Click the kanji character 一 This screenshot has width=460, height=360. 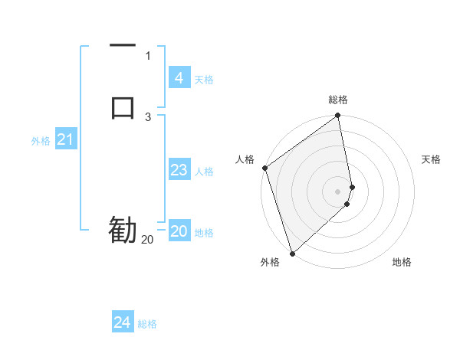[123, 47]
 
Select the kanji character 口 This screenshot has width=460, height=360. [123, 106]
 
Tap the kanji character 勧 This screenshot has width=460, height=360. [123, 230]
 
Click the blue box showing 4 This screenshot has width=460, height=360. [179, 78]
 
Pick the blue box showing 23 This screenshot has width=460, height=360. [179, 170]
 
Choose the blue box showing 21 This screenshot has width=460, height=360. [66, 139]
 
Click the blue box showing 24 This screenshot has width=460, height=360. [122, 322]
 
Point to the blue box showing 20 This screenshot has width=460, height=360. [179, 231]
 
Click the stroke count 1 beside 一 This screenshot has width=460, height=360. [148, 56]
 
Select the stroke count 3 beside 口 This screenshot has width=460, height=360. [148, 117]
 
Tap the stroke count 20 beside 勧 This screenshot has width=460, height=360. [147, 240]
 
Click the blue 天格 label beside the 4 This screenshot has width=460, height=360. [204, 80]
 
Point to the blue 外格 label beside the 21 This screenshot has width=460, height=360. [41, 141]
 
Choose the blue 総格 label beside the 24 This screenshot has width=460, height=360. [147, 324]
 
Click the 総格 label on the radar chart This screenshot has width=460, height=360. [338, 100]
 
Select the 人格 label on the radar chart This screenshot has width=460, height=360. [245, 159]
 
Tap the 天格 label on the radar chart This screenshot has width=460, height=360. [432, 159]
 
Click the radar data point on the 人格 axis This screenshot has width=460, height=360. [264, 168]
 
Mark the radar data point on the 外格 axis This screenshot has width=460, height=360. [292, 253]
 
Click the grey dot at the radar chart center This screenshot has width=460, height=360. [338, 191]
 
